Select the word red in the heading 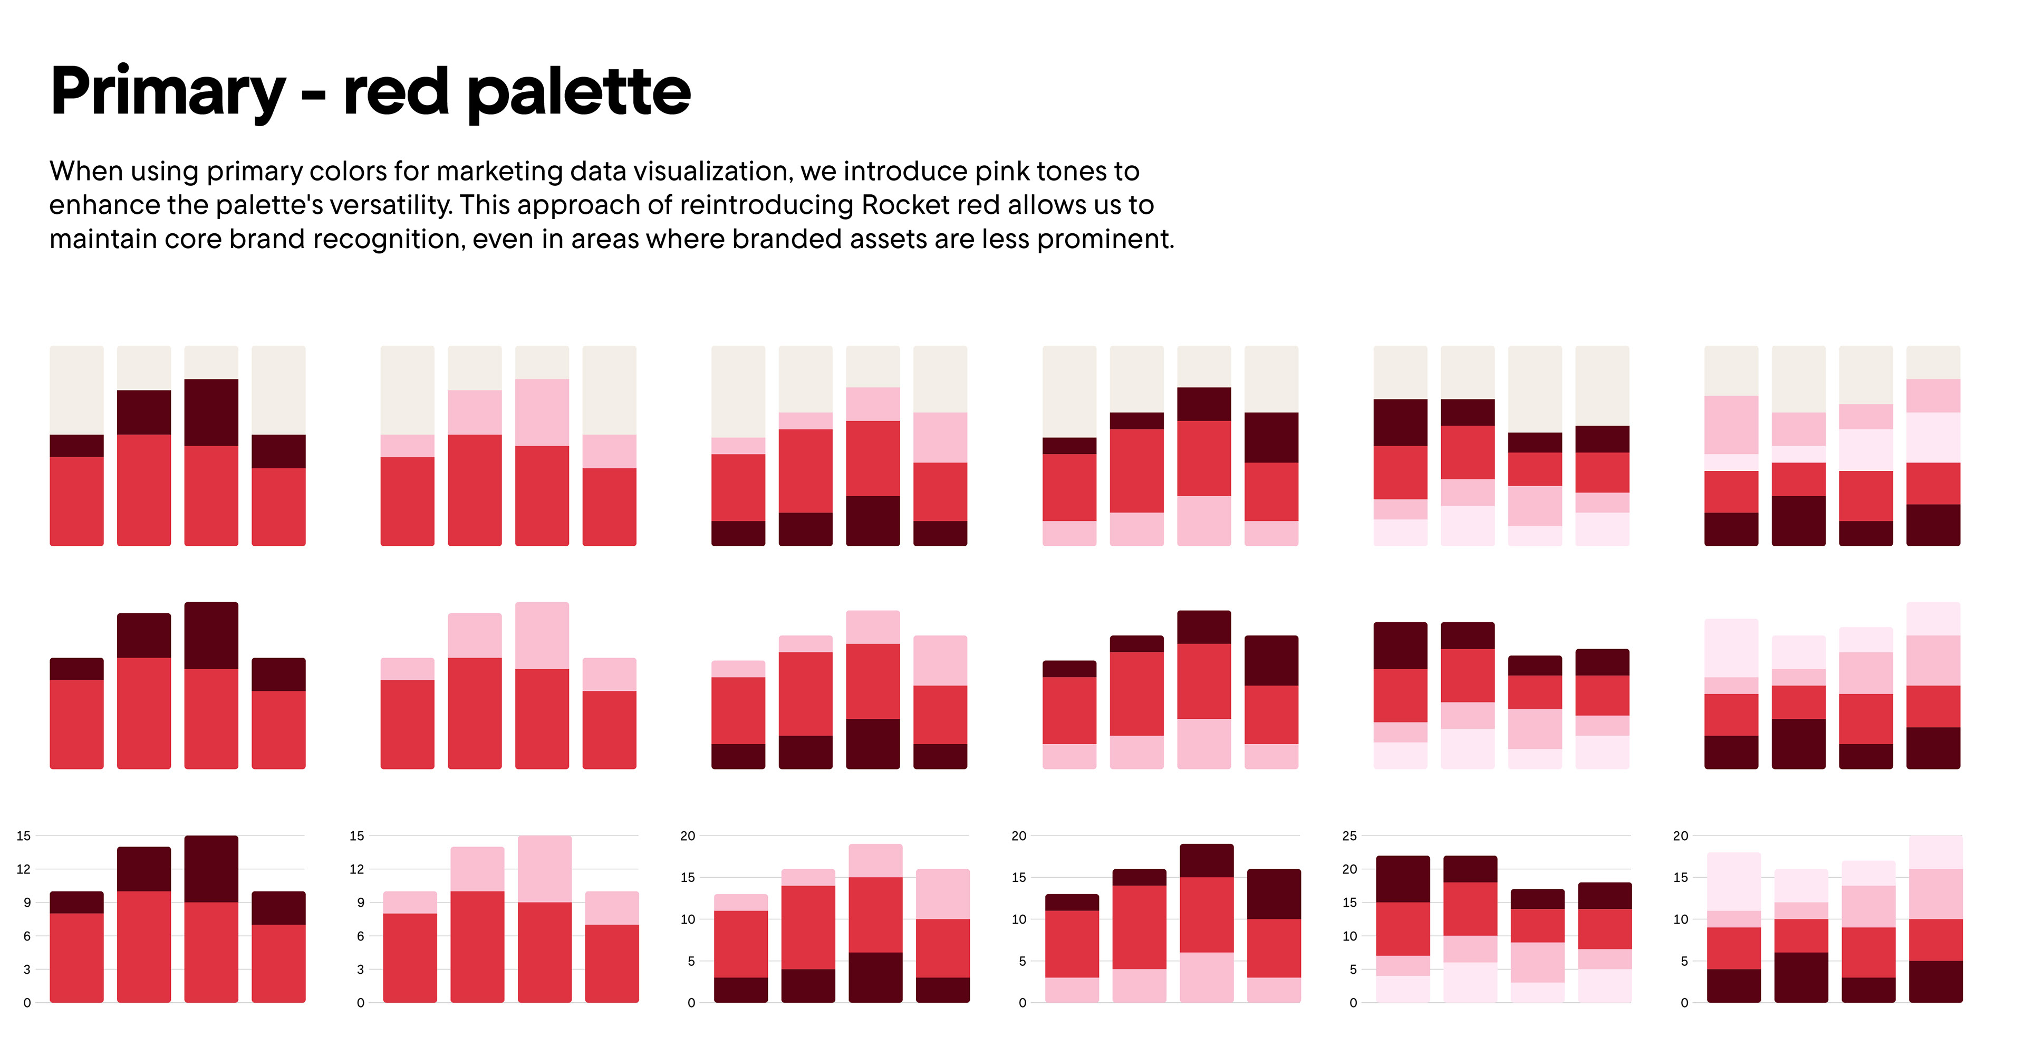[x=396, y=91]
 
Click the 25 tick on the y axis [x=1349, y=836]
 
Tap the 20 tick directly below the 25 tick [x=1349, y=869]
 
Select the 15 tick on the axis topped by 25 [x=1349, y=903]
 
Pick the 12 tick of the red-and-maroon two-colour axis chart [x=24, y=869]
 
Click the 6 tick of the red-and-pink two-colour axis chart [x=360, y=936]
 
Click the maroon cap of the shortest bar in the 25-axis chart [x=1537, y=899]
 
